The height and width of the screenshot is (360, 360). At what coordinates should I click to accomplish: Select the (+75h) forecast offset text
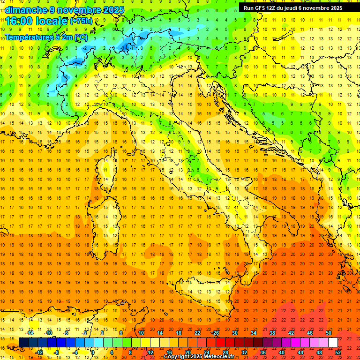(x=81, y=21)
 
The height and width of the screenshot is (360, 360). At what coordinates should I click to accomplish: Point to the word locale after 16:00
(x=51, y=21)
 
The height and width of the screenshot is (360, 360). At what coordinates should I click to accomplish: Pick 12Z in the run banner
(x=272, y=8)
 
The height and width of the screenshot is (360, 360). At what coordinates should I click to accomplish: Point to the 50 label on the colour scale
(x=328, y=333)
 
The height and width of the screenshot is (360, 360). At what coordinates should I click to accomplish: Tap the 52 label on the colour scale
(x=338, y=352)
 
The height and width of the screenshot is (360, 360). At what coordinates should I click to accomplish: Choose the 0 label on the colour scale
(x=93, y=352)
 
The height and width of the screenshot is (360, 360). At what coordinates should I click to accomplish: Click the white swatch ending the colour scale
(x=333, y=343)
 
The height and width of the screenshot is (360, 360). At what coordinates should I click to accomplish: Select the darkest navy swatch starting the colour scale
(x=23, y=343)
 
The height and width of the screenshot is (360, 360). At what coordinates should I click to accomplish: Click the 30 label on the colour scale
(x=234, y=333)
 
